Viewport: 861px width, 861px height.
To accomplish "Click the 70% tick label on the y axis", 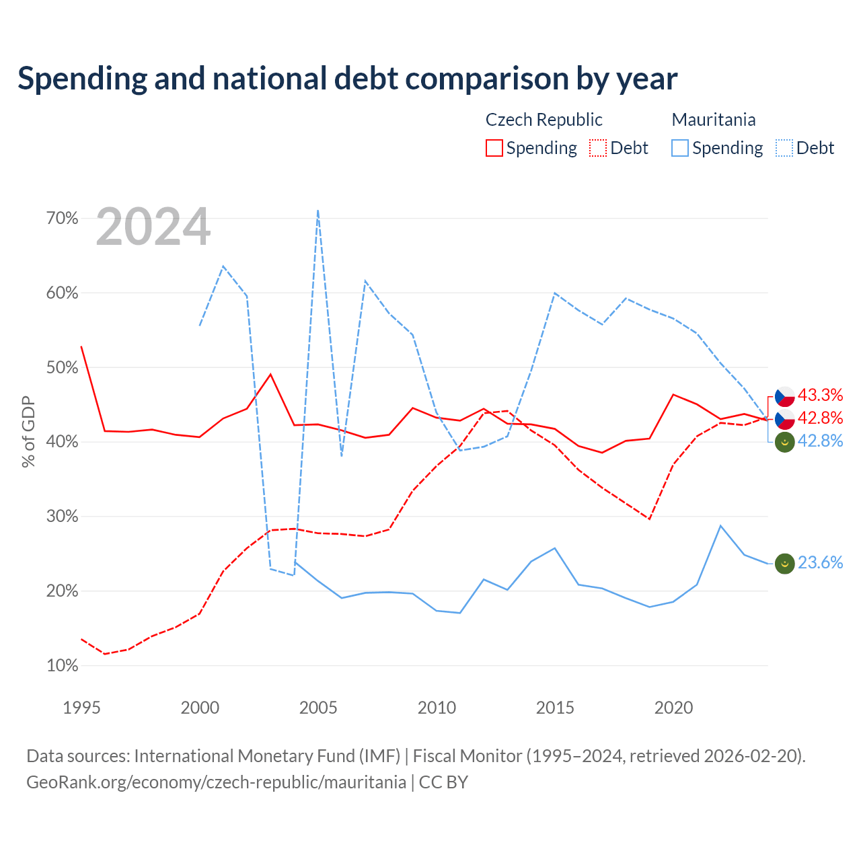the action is pyautogui.click(x=62, y=218).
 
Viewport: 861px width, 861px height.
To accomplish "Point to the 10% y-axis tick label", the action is pyautogui.click(x=62, y=665).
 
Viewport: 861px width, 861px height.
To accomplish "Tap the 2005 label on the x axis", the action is pyautogui.click(x=317, y=708).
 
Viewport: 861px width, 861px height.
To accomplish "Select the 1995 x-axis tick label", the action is pyautogui.click(x=81, y=708).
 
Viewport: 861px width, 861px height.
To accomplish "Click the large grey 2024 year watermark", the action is pyautogui.click(x=153, y=226).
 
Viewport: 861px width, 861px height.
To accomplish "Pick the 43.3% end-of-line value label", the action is pyautogui.click(x=820, y=395).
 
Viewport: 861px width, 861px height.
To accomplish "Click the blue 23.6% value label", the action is pyautogui.click(x=820, y=562).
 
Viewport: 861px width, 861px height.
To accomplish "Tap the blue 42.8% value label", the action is pyautogui.click(x=820, y=441).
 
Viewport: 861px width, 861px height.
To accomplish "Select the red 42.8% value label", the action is pyautogui.click(x=820, y=418).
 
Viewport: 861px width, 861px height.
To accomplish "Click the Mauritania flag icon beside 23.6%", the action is pyautogui.click(x=784, y=564).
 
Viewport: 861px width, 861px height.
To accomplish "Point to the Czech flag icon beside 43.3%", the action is pyautogui.click(x=784, y=396).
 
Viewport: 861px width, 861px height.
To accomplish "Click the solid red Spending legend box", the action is pyautogui.click(x=494, y=148).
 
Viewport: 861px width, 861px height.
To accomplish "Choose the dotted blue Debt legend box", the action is pyautogui.click(x=784, y=148).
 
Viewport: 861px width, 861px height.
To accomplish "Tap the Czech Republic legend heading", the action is pyautogui.click(x=544, y=120).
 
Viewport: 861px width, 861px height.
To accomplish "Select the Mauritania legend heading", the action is pyautogui.click(x=714, y=120).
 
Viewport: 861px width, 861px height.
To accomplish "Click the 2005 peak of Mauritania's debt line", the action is pyautogui.click(x=317, y=210).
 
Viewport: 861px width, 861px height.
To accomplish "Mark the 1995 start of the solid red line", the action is pyautogui.click(x=81, y=346).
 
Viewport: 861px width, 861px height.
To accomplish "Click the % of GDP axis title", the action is pyautogui.click(x=28, y=432).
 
